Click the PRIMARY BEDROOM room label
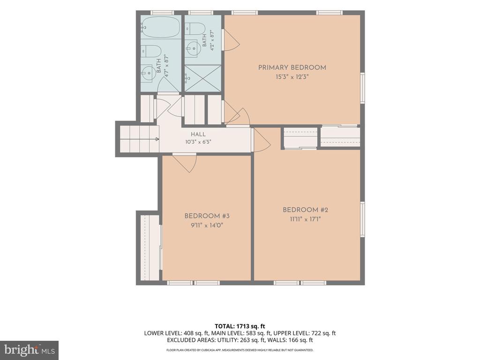(x=292, y=67)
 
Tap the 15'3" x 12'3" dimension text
(x=292, y=77)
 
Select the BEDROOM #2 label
(x=305, y=210)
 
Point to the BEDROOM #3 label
(x=207, y=216)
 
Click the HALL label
(x=198, y=134)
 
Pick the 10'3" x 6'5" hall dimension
(x=198, y=142)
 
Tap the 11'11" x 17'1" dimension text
(x=305, y=219)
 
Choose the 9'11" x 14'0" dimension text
(x=207, y=225)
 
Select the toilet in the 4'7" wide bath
(x=151, y=51)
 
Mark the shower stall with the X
(x=202, y=78)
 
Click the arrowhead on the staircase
(x=157, y=139)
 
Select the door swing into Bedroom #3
(x=185, y=163)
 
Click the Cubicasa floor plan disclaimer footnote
(x=240, y=350)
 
